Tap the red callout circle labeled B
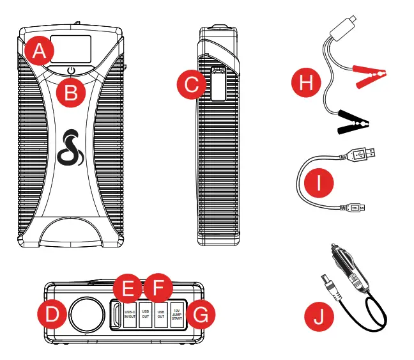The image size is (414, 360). click(x=72, y=92)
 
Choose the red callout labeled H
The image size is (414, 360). click(x=305, y=83)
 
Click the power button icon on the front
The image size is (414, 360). click(x=70, y=72)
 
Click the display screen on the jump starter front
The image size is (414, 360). click(x=70, y=47)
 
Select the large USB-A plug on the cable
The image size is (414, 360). click(x=362, y=153)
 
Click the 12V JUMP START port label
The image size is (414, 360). click(x=177, y=315)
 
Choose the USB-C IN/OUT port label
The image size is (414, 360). click(x=130, y=315)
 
